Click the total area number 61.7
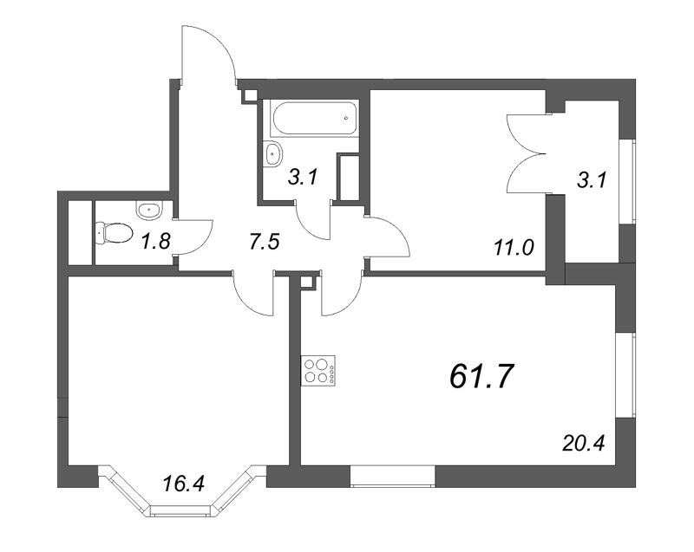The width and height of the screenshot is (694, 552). pyautogui.click(x=481, y=378)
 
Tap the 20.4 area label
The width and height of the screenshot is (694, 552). pyautogui.click(x=583, y=443)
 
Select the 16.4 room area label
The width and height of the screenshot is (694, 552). pyautogui.click(x=184, y=483)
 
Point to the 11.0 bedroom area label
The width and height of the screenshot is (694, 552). pyautogui.click(x=514, y=248)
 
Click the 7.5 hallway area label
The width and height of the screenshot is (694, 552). pyautogui.click(x=265, y=242)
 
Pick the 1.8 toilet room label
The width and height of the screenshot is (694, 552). pyautogui.click(x=156, y=241)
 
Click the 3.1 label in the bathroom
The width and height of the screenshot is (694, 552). pyautogui.click(x=303, y=178)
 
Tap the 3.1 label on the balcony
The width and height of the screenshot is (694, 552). pyautogui.click(x=592, y=180)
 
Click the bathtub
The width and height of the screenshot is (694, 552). pyautogui.click(x=316, y=119)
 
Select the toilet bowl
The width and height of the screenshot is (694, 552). pyautogui.click(x=115, y=232)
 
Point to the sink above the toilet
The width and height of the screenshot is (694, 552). pyautogui.click(x=149, y=209)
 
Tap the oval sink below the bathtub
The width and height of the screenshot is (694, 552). pyautogui.click(x=272, y=153)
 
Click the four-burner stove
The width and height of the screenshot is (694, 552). pyautogui.click(x=318, y=370)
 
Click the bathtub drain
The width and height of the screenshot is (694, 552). pyautogui.click(x=346, y=118)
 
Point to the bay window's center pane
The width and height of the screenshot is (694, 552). pyautogui.click(x=182, y=511)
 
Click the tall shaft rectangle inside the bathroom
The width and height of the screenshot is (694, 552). pyautogui.click(x=348, y=178)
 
